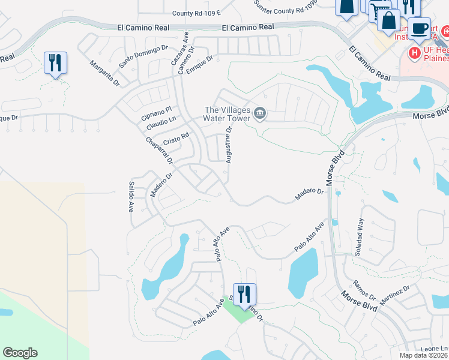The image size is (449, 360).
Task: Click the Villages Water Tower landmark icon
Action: tap(259, 113)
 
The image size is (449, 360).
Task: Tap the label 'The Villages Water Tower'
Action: tap(228, 113)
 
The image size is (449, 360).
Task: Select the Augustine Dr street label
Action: tap(228, 145)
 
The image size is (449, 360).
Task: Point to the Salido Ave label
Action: tap(131, 197)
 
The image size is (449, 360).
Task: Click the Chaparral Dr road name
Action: tap(158, 151)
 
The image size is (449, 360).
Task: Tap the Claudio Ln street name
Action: tap(160, 121)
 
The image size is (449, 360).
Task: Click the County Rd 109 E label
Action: tap(196, 12)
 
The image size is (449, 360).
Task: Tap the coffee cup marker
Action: tap(419, 28)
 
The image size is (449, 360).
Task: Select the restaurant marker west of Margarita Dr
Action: tap(55, 62)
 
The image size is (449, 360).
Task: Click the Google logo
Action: tap(20, 353)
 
